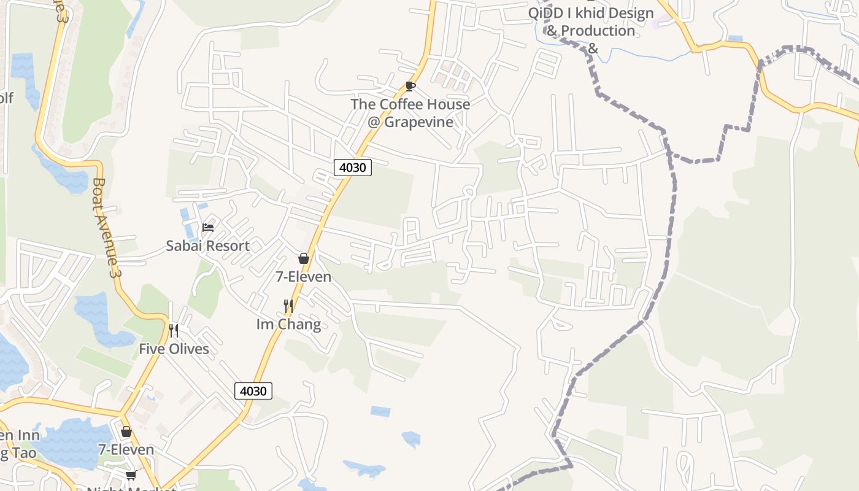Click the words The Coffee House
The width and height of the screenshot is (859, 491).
click(x=410, y=104)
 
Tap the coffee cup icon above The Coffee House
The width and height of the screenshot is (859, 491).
click(x=410, y=87)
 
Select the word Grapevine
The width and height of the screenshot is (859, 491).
click(x=419, y=122)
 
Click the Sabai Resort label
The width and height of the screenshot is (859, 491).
click(x=207, y=246)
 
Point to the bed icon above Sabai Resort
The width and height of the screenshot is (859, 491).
click(x=208, y=228)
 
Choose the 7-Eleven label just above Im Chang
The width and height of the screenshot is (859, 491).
click(x=303, y=277)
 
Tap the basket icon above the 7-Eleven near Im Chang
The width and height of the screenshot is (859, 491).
click(x=303, y=258)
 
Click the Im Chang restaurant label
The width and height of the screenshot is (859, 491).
click(x=288, y=324)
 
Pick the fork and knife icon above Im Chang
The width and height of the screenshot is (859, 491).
click(x=288, y=306)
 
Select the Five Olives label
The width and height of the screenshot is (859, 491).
click(x=174, y=349)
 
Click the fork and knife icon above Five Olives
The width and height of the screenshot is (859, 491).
click(x=174, y=331)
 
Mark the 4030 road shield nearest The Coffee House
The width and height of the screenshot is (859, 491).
click(x=353, y=167)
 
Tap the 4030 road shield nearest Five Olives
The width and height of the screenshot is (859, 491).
click(x=253, y=391)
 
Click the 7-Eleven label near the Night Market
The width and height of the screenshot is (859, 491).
click(x=126, y=450)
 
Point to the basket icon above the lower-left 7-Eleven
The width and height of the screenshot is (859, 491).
click(x=126, y=431)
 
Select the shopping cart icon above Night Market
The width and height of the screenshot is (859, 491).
click(x=131, y=475)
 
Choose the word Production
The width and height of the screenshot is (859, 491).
click(x=598, y=31)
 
